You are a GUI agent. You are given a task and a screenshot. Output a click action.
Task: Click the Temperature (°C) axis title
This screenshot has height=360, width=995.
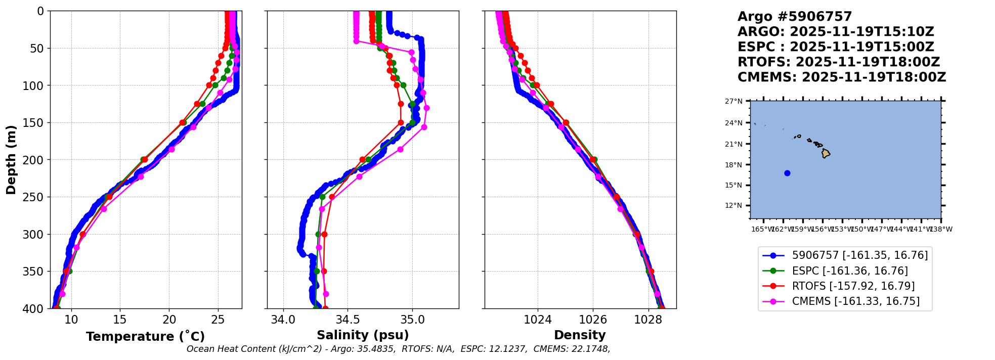[x=145, y=337]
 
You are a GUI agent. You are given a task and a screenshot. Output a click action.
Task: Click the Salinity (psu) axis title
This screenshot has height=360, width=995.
[x=363, y=335]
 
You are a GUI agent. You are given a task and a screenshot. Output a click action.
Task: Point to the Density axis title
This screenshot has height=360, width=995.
[x=580, y=335]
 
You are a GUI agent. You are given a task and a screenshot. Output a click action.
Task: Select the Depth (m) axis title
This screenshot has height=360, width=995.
[x=11, y=160]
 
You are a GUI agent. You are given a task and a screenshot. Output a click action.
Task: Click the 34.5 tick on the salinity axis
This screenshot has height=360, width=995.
[x=348, y=320]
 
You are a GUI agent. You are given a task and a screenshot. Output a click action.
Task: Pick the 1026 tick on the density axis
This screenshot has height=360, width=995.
[x=593, y=320]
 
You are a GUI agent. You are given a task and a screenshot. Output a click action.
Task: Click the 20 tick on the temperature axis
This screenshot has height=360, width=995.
[x=169, y=320]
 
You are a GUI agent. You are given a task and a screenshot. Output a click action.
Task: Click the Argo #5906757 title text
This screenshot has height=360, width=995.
[x=795, y=17]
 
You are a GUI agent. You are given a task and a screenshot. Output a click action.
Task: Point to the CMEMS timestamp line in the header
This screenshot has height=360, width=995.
[x=842, y=77]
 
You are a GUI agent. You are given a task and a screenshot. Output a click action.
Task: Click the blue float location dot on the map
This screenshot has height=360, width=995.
[x=787, y=173]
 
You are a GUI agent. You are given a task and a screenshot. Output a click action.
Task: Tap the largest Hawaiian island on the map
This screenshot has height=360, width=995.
[x=826, y=153]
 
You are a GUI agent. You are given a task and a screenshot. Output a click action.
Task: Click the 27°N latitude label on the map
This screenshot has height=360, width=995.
[x=734, y=101]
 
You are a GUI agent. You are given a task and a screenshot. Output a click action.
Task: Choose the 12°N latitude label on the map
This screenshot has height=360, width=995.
[x=734, y=205]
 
